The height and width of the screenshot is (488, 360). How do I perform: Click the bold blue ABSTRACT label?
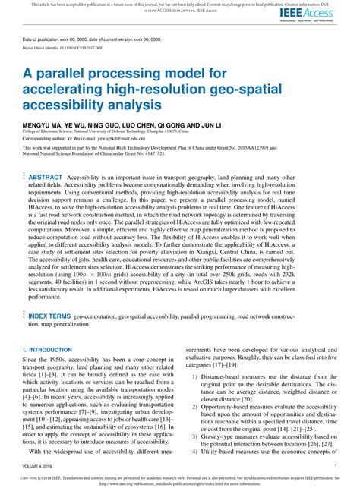[x=46, y=175]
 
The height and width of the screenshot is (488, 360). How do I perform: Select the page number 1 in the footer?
[x=336, y=465]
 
